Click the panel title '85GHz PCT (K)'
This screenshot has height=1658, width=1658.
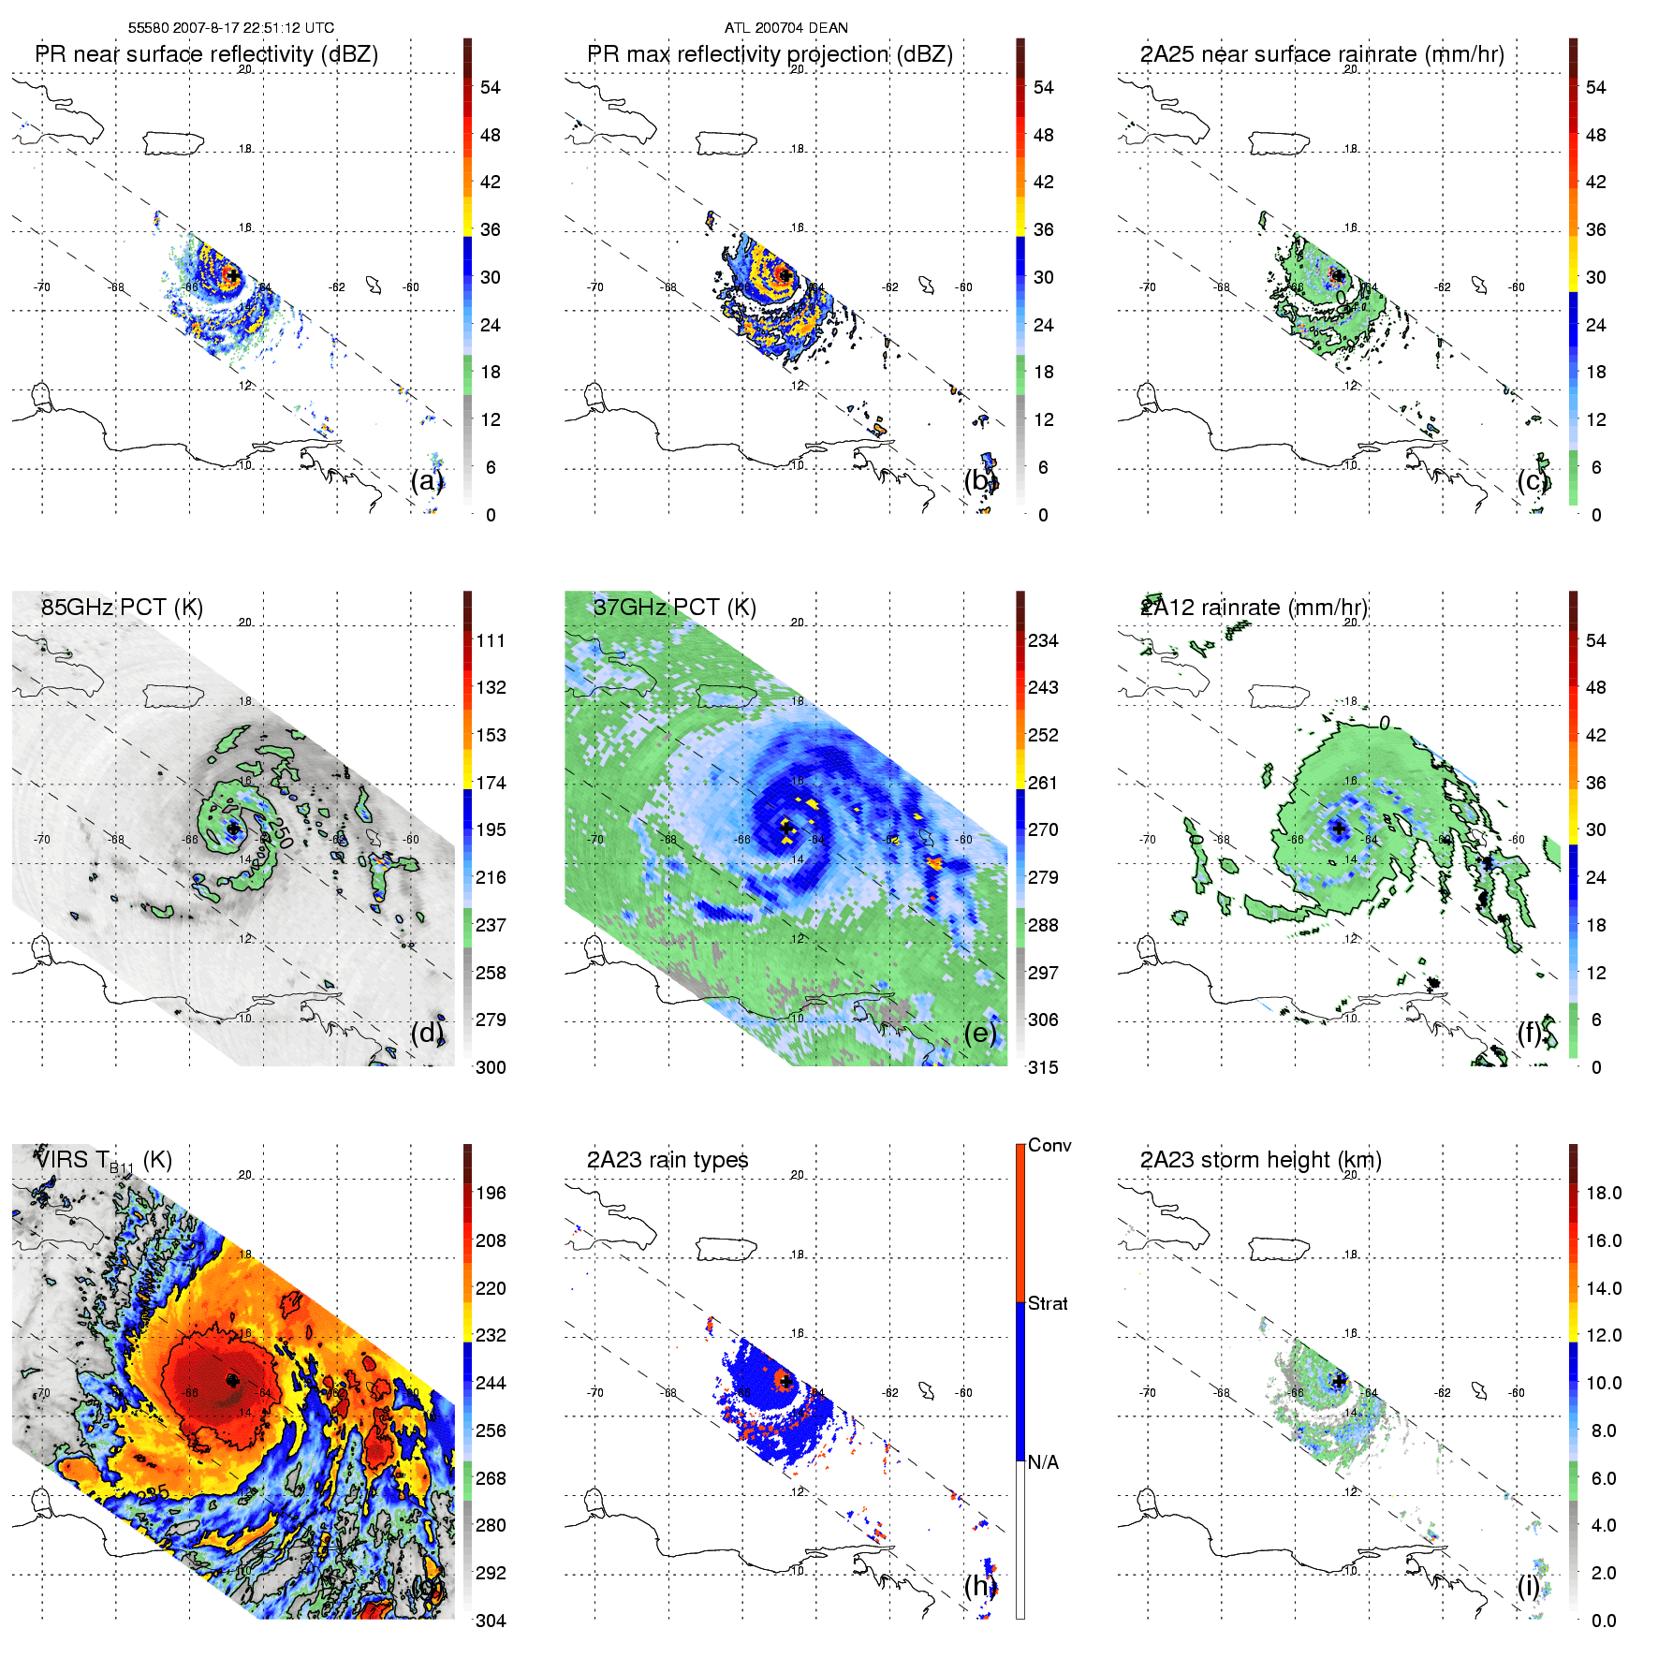tap(122, 608)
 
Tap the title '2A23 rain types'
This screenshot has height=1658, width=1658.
tap(668, 1160)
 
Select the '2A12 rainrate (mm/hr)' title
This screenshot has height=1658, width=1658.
tap(1254, 608)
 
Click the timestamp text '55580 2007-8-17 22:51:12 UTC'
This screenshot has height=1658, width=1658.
tap(230, 27)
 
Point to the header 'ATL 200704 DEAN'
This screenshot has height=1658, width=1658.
tap(785, 27)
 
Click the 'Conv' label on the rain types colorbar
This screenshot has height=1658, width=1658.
tap(1049, 1145)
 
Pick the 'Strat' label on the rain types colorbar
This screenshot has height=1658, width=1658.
tap(1048, 1303)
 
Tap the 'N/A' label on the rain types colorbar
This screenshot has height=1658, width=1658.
tap(1043, 1462)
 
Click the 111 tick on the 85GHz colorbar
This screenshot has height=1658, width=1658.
tap(491, 640)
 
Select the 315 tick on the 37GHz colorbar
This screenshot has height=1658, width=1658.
tap(1043, 1067)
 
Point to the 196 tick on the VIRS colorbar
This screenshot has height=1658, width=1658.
tap(491, 1193)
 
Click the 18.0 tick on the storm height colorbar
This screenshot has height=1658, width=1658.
tap(1603, 1193)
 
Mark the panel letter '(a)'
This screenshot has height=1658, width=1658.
tap(427, 480)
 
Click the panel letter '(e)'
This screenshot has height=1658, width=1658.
tap(979, 1033)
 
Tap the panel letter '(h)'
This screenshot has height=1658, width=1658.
tap(979, 1585)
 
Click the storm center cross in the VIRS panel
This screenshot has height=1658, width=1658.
tap(232, 1380)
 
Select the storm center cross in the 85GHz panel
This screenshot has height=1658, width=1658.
tap(232, 828)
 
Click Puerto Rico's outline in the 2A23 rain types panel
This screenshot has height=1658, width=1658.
tap(726, 1248)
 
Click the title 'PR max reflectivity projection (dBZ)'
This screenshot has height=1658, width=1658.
tap(770, 54)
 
